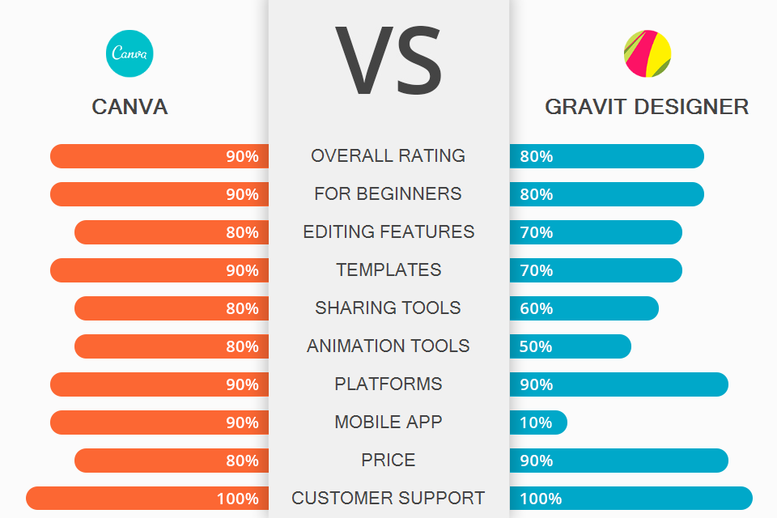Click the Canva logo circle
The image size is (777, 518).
[129, 53]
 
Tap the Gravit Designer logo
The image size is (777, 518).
[647, 53]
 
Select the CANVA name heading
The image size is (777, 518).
[129, 107]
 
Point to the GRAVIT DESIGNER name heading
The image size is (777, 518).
[647, 107]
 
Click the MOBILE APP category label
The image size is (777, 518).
[388, 422]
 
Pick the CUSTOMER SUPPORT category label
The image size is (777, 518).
[388, 498]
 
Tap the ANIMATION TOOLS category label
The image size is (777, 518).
[388, 346]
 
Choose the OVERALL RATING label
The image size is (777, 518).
[388, 155]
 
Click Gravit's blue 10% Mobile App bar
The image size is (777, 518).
[538, 422]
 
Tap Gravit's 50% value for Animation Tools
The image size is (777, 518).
[536, 346]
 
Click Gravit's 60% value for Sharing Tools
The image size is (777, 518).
[536, 308]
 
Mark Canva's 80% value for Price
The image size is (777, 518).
[242, 461]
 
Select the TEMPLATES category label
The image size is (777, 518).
[388, 270]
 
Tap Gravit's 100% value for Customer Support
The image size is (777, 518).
[541, 499]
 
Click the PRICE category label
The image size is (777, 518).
[388, 460]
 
